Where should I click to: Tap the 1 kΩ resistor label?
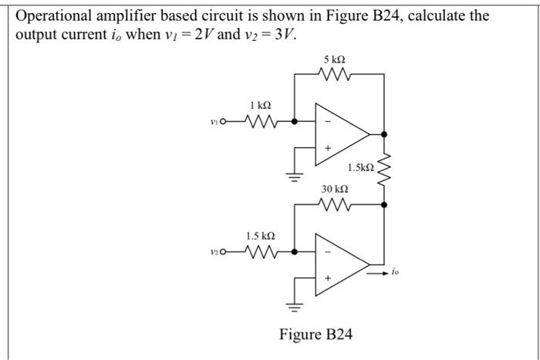pyautogui.click(x=260, y=105)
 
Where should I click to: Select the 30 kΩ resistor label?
pyautogui.click(x=336, y=189)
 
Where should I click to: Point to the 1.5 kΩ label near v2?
pyautogui.click(x=260, y=234)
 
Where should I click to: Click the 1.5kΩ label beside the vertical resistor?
pyautogui.click(x=360, y=167)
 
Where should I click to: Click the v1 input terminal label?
pyautogui.click(x=214, y=120)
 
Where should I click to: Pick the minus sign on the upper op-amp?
pyautogui.click(x=328, y=121)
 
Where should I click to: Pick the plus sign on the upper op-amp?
pyautogui.click(x=328, y=148)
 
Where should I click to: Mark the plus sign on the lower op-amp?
pyautogui.click(x=328, y=277)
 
